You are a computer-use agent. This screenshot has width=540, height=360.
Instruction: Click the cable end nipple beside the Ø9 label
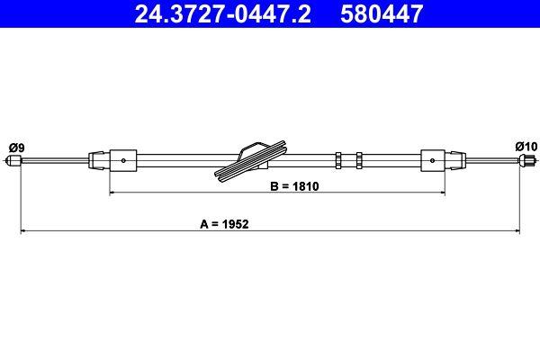(13, 162)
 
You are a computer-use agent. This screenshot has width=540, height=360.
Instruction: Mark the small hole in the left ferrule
(123, 162)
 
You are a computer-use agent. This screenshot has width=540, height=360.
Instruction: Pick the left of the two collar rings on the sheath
(337, 162)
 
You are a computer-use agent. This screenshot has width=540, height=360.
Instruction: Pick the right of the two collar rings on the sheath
(358, 162)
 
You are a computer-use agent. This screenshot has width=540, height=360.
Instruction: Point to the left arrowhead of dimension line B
(112, 193)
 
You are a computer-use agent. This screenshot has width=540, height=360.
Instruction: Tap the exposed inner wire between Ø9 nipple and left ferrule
(54, 162)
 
